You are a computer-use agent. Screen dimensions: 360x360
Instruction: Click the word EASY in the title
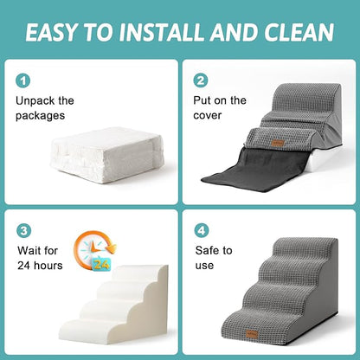pos(58,33)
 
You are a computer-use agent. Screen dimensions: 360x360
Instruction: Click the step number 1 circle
pos(23,80)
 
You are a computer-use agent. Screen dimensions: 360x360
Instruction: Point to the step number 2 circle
pos(201,80)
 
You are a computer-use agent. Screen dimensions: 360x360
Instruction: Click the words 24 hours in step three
pos(40,265)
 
